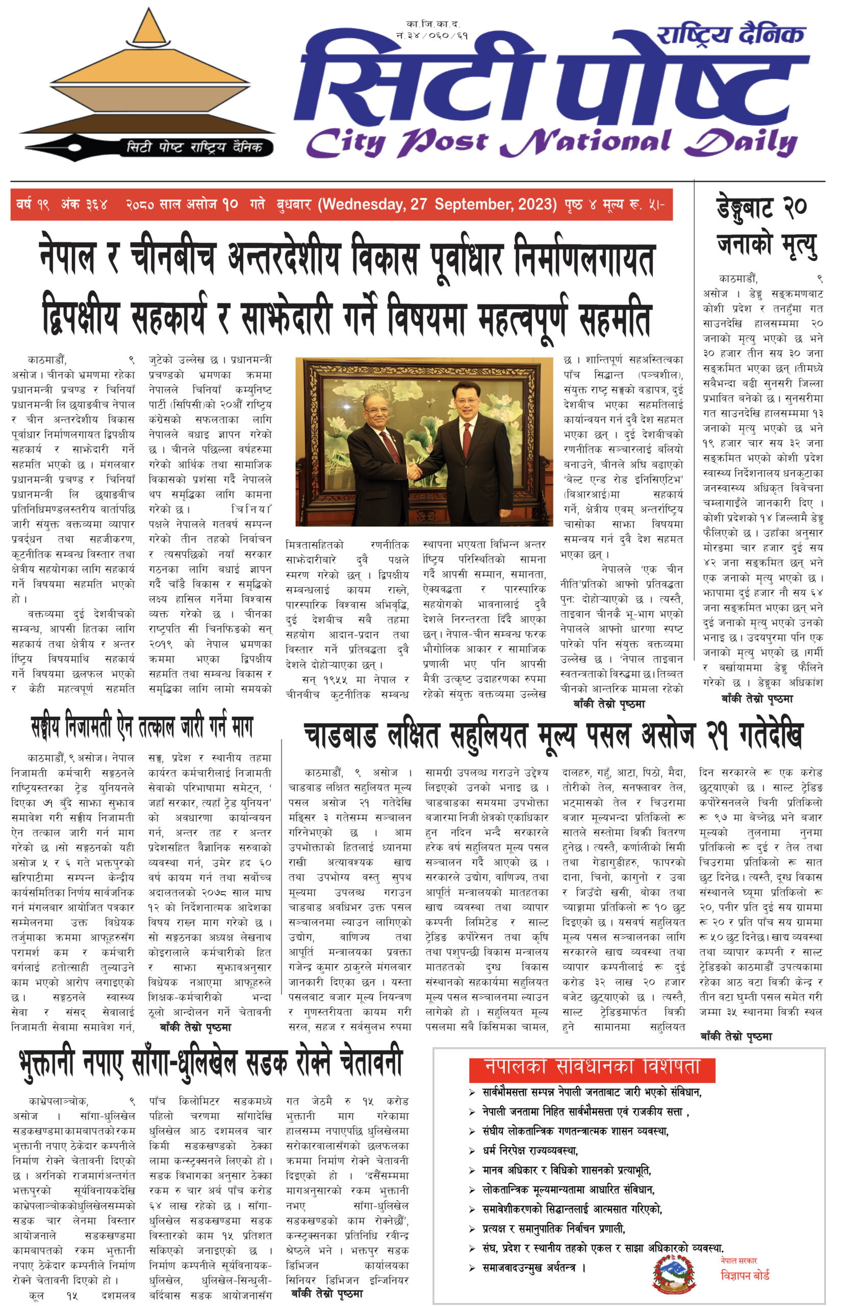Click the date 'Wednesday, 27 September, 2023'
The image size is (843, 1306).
[438, 204]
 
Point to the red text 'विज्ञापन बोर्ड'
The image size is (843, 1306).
[745, 1276]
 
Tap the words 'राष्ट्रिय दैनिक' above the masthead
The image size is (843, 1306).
[730, 35]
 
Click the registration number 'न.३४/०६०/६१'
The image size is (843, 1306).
[432, 36]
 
